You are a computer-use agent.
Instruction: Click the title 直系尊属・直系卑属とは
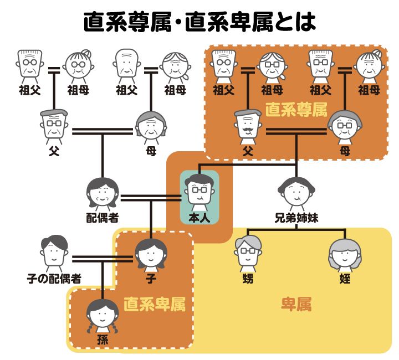199,22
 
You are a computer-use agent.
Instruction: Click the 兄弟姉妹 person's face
296,192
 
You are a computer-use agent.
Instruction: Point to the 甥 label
247,278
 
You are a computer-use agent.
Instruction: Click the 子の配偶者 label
54,278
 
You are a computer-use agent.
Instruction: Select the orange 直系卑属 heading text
154,305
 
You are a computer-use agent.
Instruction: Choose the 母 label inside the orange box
345,150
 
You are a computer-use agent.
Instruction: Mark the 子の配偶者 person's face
54,253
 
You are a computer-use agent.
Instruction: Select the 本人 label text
199,218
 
